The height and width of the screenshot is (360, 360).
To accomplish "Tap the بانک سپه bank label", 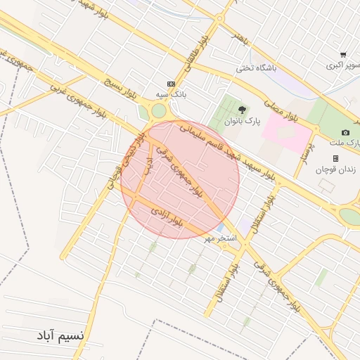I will [170, 94].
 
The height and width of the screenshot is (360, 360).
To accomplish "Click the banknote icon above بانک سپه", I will [170, 82].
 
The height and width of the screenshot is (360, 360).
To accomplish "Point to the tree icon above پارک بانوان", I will [242, 110].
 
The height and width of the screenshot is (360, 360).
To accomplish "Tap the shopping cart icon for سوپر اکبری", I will [342, 55].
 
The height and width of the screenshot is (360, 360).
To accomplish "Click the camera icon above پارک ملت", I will [345, 133].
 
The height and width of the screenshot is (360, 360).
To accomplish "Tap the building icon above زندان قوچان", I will [335, 158].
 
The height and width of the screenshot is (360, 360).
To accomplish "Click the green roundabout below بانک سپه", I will [160, 110].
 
